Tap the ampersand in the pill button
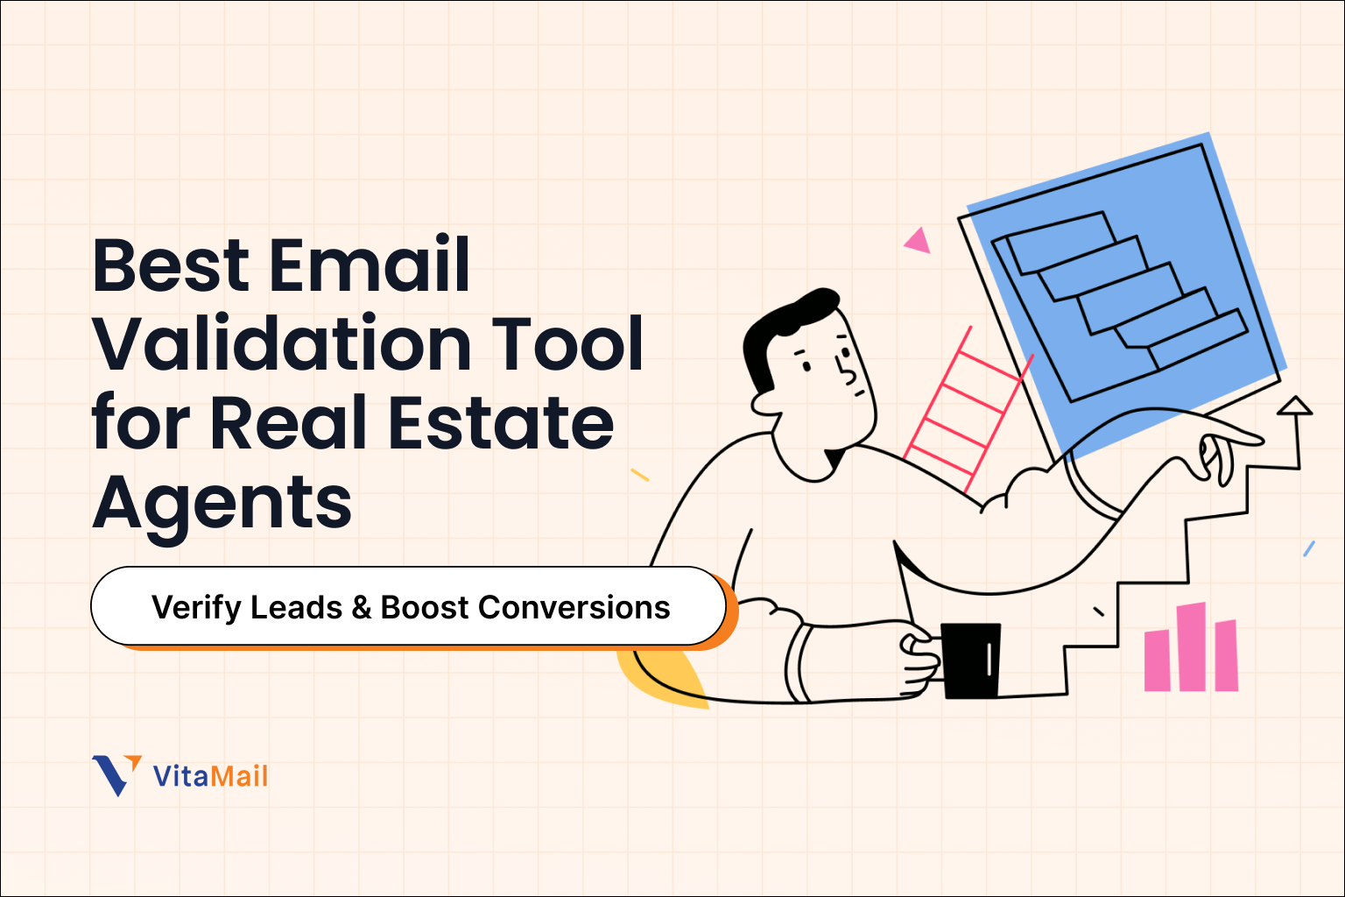[362, 608]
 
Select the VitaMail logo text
[210, 776]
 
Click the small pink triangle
[917, 240]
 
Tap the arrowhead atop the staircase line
[1294, 406]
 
